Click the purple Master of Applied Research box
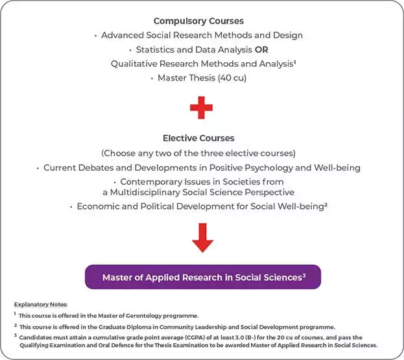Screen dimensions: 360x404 [202, 277]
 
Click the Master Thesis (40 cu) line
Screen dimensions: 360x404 [202, 78]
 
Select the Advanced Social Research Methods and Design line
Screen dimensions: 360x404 [202, 35]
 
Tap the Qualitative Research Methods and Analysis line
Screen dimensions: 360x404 [202, 64]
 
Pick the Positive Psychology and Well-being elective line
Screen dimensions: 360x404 [202, 168]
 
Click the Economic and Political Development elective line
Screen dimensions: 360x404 [202, 207]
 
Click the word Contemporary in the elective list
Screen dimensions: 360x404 [154, 182]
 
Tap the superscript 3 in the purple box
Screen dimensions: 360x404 [303, 274]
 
